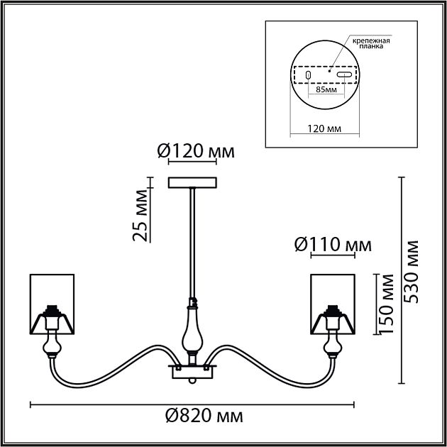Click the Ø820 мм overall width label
click(x=204, y=416)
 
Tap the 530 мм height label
click(x=412, y=272)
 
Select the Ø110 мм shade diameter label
click(x=333, y=245)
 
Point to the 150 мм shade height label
click(x=387, y=304)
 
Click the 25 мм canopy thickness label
click(x=140, y=215)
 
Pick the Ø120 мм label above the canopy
click(x=196, y=151)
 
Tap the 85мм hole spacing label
click(x=326, y=90)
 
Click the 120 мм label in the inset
click(x=324, y=128)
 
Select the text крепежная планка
click(x=371, y=43)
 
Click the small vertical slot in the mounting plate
click(x=308, y=75)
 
